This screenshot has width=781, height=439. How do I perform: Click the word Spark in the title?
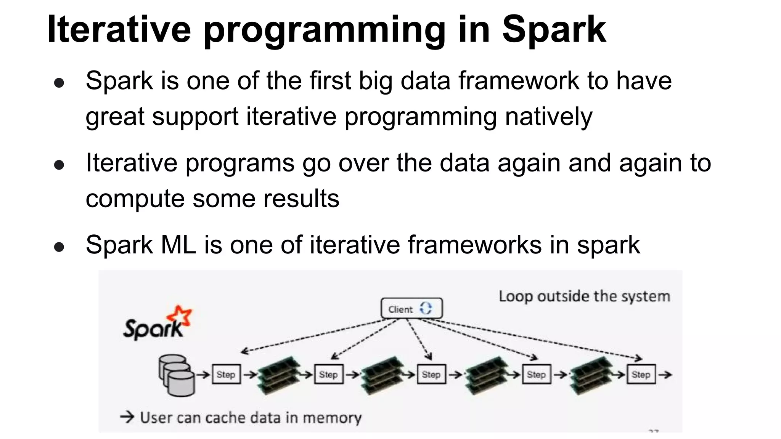[554, 30]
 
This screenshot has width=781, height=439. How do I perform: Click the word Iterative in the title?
[119, 30]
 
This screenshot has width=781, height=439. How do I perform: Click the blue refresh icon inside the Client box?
[426, 308]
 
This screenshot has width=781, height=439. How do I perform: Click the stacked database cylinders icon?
[176, 375]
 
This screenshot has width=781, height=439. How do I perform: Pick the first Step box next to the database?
[226, 375]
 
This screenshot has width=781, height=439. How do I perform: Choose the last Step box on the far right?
[641, 375]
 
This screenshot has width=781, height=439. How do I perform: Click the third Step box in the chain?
[431, 375]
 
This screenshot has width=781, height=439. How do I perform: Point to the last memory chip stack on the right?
[591, 375]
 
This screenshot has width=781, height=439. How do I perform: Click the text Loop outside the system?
[584, 296]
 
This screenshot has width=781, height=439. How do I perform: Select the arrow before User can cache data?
[127, 417]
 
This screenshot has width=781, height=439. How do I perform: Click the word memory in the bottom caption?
[332, 418]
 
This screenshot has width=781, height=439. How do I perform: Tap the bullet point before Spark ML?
[59, 247]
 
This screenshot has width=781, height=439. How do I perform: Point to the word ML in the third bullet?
[178, 245]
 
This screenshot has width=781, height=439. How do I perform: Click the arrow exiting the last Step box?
[665, 375]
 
